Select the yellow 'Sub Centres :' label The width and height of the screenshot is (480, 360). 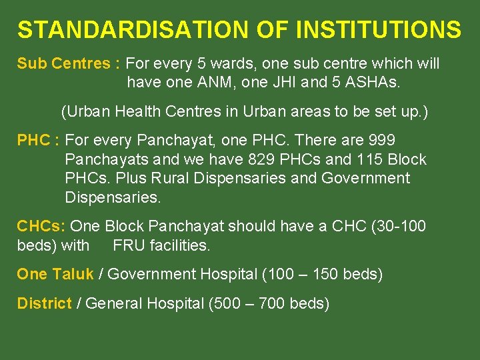(69, 64)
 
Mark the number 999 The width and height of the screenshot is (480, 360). (381, 141)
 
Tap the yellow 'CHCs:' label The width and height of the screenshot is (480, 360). (41, 227)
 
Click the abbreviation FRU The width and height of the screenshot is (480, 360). (127, 245)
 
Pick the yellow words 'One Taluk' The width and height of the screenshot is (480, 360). (55, 274)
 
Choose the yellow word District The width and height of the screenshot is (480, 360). (44, 304)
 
